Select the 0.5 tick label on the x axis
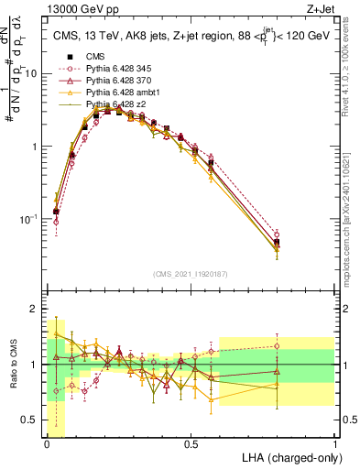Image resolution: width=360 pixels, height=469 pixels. click(191, 444)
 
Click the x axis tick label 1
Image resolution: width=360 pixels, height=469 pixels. click(333, 444)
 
